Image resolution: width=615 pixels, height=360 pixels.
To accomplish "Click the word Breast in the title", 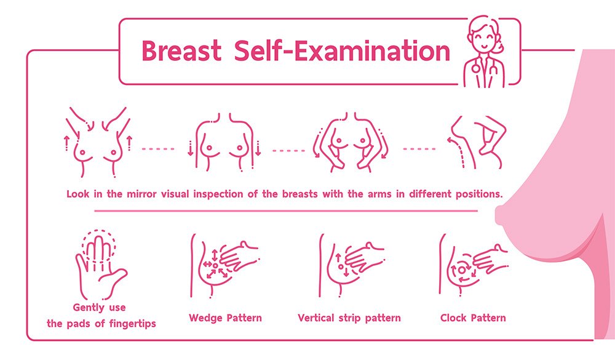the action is point(181,50).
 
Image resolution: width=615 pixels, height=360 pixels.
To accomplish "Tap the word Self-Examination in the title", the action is point(341,50).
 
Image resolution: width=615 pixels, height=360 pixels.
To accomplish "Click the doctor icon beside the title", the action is point(485,52).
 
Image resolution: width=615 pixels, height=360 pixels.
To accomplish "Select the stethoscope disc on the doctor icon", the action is point(476,68).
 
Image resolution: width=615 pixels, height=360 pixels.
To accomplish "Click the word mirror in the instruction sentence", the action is point(141,194).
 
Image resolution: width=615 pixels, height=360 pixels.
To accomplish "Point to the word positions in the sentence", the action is point(479,194).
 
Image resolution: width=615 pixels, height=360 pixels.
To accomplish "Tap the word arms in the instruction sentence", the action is point(379,194).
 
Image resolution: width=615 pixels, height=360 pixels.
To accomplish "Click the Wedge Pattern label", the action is point(225,318).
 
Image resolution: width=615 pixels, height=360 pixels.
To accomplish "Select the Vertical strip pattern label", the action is point(349,318).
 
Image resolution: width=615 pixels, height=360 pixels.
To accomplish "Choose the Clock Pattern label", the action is point(473,318).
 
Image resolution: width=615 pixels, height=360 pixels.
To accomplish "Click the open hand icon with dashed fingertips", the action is point(100,265).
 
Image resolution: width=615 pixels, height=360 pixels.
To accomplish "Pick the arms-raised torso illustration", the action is point(98,142).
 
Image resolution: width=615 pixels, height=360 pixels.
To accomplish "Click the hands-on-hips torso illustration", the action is point(351,142).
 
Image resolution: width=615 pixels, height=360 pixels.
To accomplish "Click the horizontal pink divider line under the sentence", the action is point(286,211).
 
